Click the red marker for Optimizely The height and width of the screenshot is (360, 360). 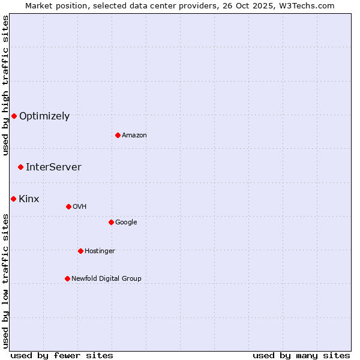(14, 116)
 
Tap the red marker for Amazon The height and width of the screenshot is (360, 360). (118, 135)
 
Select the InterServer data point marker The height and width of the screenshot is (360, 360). (20, 167)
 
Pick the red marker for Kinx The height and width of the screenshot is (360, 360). (13, 199)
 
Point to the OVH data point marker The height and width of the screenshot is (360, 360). (68, 206)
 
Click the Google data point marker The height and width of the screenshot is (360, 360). (111, 222)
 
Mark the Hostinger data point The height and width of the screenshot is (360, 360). (80, 251)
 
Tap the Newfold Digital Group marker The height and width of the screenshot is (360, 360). (67, 278)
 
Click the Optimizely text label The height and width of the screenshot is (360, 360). (44, 116)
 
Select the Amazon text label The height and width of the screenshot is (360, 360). (134, 136)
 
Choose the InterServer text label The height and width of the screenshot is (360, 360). (53, 167)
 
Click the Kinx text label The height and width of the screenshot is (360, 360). (29, 199)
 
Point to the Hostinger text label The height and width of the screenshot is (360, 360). (100, 251)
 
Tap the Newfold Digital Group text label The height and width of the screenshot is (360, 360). (106, 279)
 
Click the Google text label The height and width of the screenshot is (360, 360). (126, 223)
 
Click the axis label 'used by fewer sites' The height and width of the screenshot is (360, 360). (62, 355)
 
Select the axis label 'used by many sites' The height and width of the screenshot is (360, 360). (301, 355)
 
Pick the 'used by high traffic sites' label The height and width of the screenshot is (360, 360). (6, 85)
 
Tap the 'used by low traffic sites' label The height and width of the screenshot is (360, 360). (6, 280)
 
